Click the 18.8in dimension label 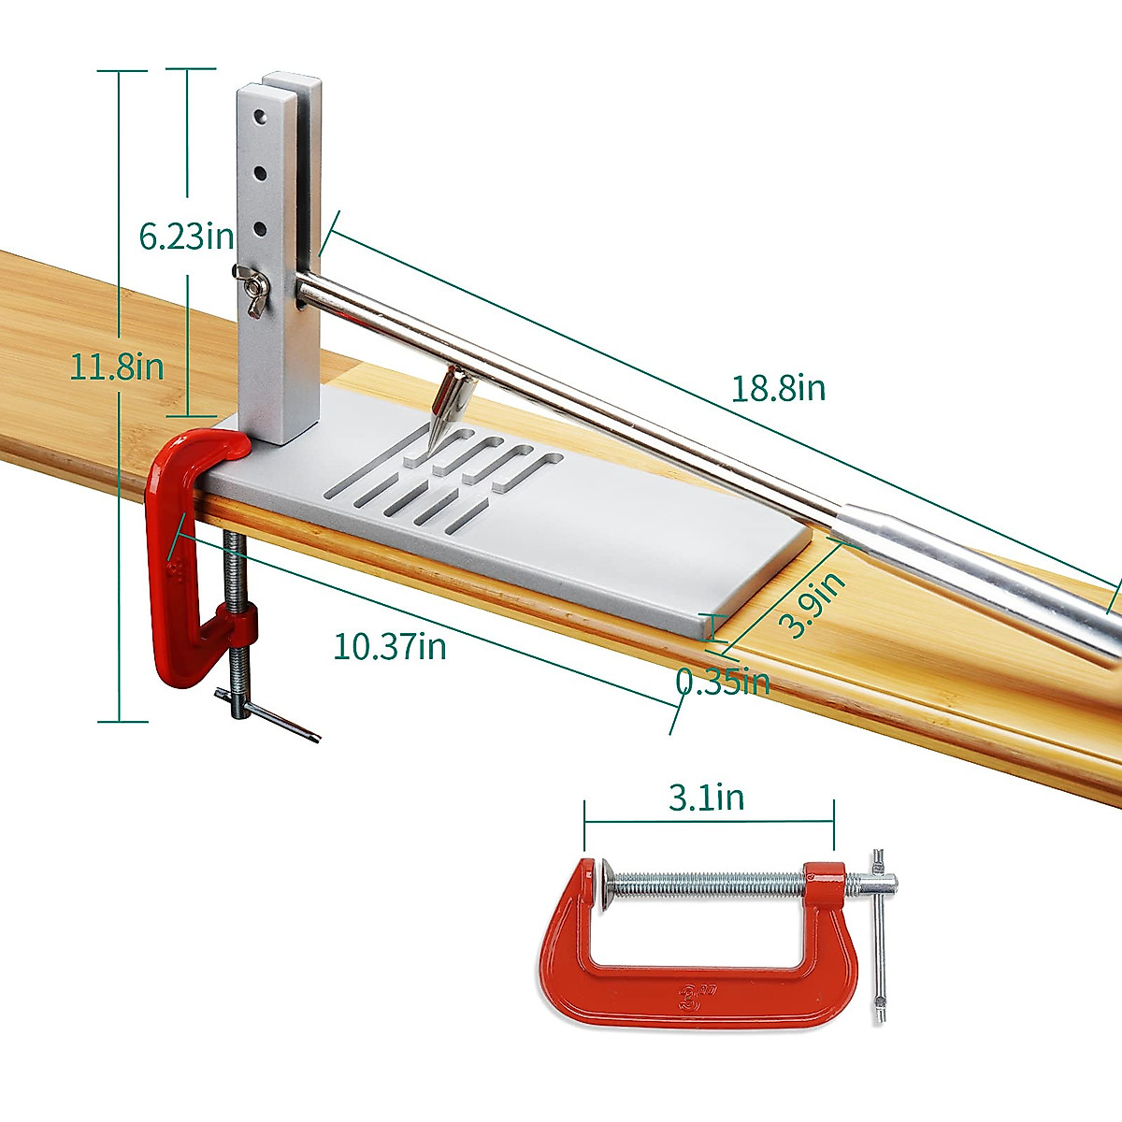pyautogui.click(x=778, y=387)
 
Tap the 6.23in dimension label pyautogui.click(x=186, y=236)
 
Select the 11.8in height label pyautogui.click(x=117, y=367)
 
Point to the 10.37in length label pyautogui.click(x=390, y=646)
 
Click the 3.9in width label pyautogui.click(x=813, y=606)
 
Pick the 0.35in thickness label pyautogui.click(x=723, y=682)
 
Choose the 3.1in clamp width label pyautogui.click(x=706, y=798)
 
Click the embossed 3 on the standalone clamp pyautogui.click(x=693, y=993)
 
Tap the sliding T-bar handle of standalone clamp pyautogui.click(x=880, y=935)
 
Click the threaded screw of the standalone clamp pyautogui.click(x=711, y=882)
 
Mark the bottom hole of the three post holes pyautogui.click(x=261, y=227)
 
